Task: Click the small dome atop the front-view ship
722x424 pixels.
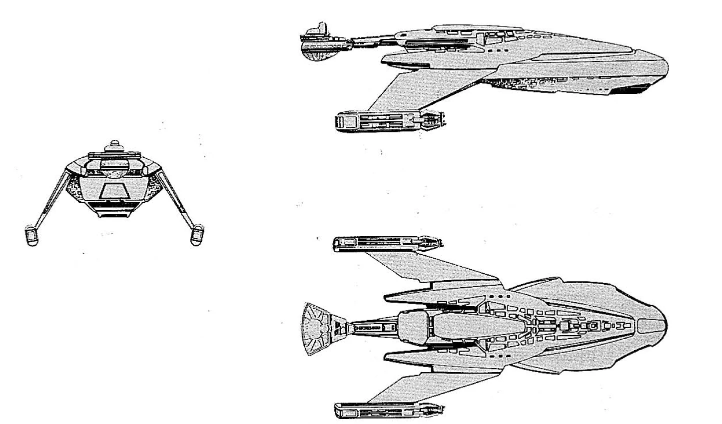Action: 114,145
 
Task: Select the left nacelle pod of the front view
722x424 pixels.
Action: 32,236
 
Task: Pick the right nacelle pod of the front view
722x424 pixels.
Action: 198,236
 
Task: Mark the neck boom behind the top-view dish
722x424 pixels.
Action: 372,328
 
